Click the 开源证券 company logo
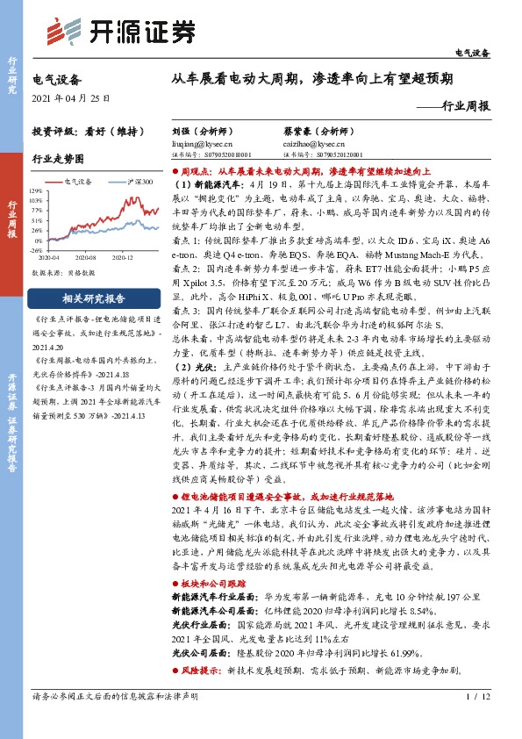pyautogui.click(x=120, y=32)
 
